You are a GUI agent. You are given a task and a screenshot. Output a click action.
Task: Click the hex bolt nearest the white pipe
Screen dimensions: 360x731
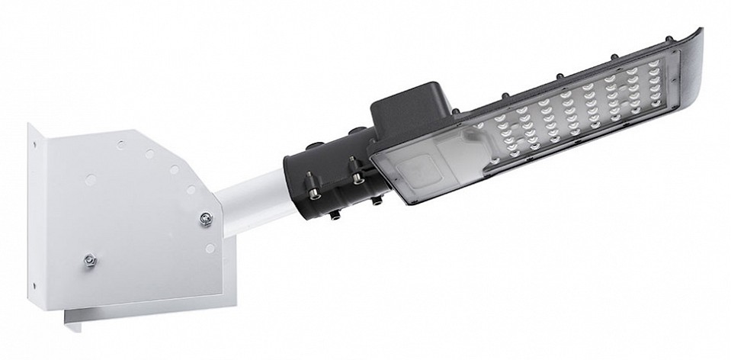click(x=204, y=220)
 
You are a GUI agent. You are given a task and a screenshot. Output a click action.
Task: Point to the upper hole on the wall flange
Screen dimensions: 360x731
click(x=35, y=140)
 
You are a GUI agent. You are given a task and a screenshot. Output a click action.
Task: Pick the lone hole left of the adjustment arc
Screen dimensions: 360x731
click(x=91, y=179)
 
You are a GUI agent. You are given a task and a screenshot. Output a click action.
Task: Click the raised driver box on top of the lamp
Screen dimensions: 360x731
click(x=412, y=111)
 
